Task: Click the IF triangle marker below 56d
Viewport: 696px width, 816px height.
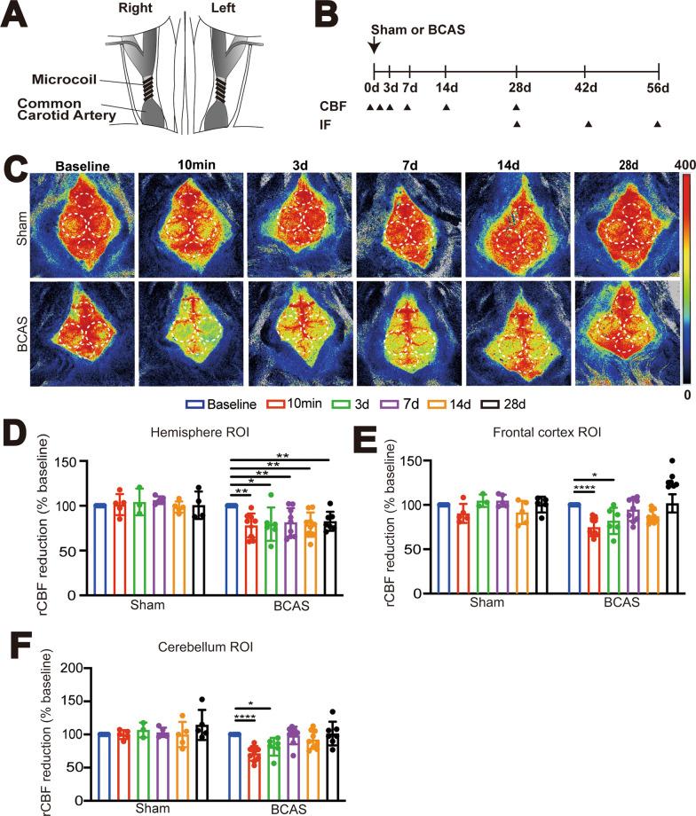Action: (x=658, y=124)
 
